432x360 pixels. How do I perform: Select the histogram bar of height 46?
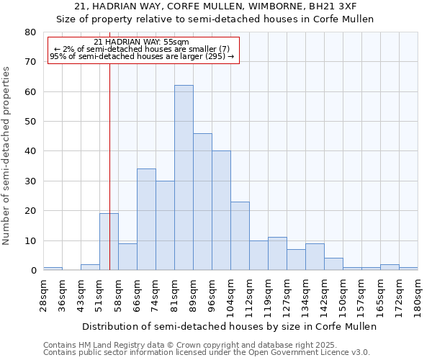[x=202, y=202]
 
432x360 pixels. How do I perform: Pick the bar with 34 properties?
[x=146, y=220]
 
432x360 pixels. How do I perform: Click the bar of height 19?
[x=109, y=242]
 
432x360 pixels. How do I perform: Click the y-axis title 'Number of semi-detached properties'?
[x=7, y=156]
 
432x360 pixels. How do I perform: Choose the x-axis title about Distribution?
[x=229, y=326]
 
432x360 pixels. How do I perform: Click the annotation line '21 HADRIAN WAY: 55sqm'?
[x=141, y=42]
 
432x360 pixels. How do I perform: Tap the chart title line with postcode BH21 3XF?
[x=215, y=6]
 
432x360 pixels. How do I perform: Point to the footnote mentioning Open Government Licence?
[x=207, y=352]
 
